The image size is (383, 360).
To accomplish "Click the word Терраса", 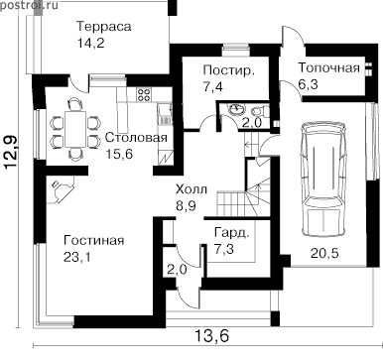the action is coord(103,27).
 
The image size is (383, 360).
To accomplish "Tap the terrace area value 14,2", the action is coord(91,43).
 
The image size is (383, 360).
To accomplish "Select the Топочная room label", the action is coord(328,67).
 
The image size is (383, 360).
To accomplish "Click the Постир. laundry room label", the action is coord(229,70).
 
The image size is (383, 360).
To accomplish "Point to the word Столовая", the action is coord(136,137).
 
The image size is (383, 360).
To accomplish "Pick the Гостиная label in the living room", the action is coord(94,240).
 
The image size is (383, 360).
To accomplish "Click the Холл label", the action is coord(191,189).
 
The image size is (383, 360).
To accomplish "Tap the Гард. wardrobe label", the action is coord(231,233).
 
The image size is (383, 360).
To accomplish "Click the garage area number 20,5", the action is coord(324,254).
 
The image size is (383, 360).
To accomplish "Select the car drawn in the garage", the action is coord(323,179).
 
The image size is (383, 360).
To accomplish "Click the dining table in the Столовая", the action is coord(75,130).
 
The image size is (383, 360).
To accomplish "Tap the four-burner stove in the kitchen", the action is coord(144,94).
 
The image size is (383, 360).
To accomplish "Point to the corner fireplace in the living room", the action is coord(61,190).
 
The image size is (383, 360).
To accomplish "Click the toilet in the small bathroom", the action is coord(258,111).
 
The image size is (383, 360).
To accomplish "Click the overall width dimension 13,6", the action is coord(211,336).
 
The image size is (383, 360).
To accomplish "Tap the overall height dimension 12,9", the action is coord(11,152).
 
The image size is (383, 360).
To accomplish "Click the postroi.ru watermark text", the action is coord(29,5).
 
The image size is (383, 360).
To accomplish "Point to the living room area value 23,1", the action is coord(77,257).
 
